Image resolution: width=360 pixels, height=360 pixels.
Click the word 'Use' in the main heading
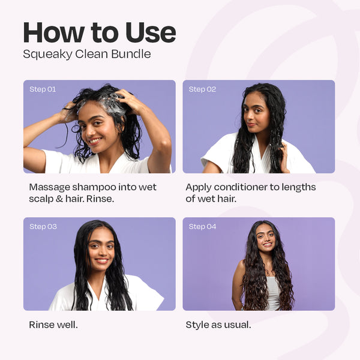pos(151,32)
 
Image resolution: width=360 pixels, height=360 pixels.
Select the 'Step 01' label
pos(43,89)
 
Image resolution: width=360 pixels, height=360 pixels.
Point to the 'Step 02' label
pos(202,89)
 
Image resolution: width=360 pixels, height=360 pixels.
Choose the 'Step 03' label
pos(43,227)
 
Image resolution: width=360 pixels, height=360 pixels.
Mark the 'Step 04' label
pos(202,227)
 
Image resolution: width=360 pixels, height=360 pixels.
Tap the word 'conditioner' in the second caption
pos(241,187)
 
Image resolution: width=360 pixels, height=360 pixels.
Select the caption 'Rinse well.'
pos(53,325)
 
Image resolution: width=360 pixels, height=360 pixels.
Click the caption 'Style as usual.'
pos(218,325)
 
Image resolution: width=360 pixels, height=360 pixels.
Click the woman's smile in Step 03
pos(101,260)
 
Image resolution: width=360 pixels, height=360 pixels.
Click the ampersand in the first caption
pos(59,199)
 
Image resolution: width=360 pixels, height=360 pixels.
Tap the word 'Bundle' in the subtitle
pos(131,54)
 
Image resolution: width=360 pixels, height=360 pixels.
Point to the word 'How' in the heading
pos(54,32)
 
